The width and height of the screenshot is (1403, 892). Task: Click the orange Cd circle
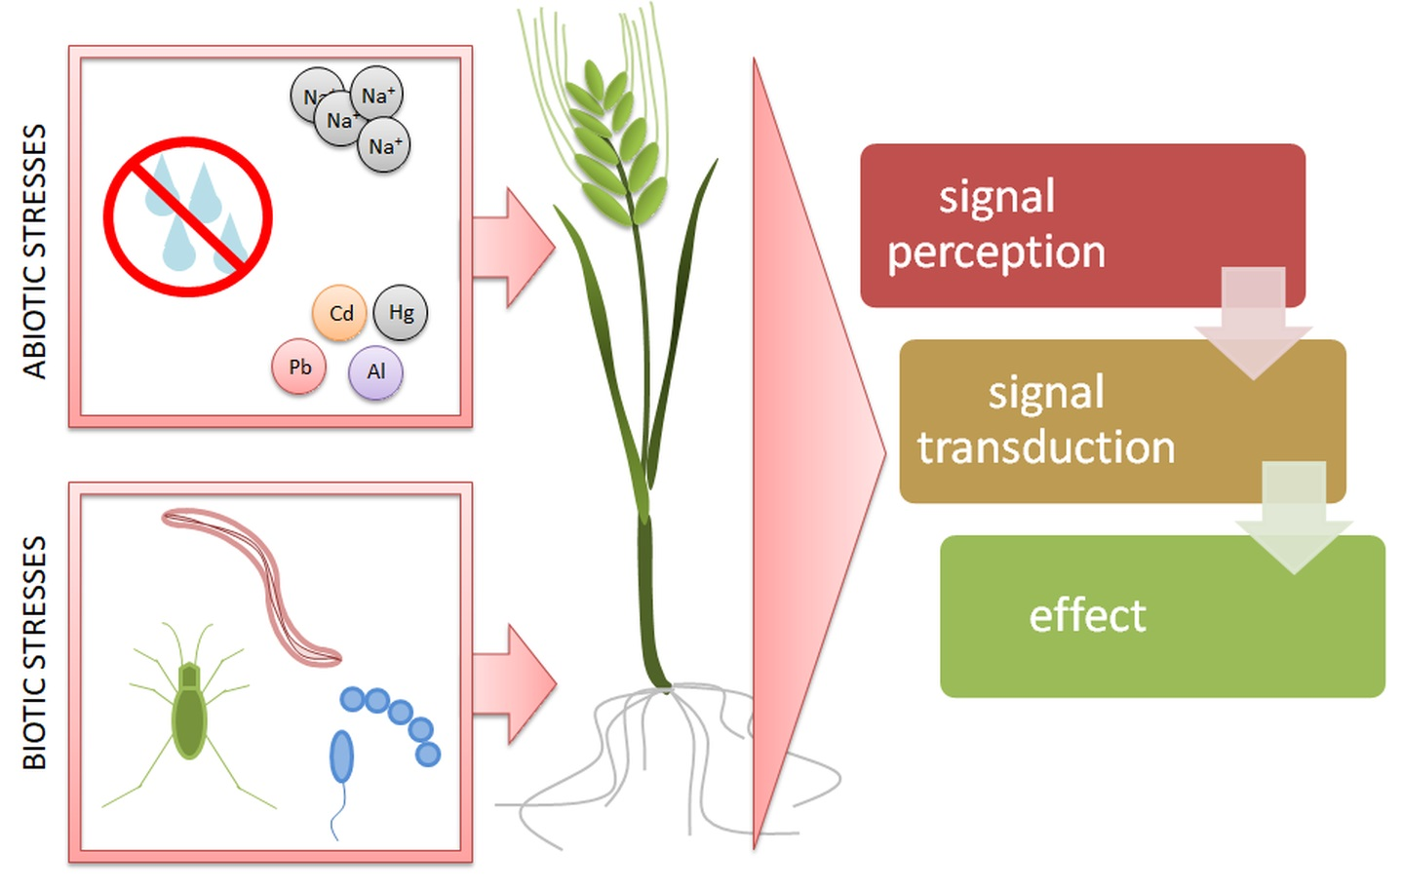click(339, 313)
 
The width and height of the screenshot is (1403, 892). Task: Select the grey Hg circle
click(401, 312)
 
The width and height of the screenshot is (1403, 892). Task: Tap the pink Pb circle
click(299, 367)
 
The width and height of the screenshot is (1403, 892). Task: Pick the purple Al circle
click(375, 371)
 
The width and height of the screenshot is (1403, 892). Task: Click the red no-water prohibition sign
click(187, 216)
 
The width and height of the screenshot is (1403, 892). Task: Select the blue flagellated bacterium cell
click(341, 756)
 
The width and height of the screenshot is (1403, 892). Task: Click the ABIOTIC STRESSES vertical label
click(34, 251)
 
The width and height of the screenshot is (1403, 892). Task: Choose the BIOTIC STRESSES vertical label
click(34, 652)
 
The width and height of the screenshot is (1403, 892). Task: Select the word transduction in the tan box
click(1045, 447)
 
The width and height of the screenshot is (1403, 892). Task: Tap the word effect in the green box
click(1087, 616)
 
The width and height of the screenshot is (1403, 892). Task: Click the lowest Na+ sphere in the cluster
click(384, 147)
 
